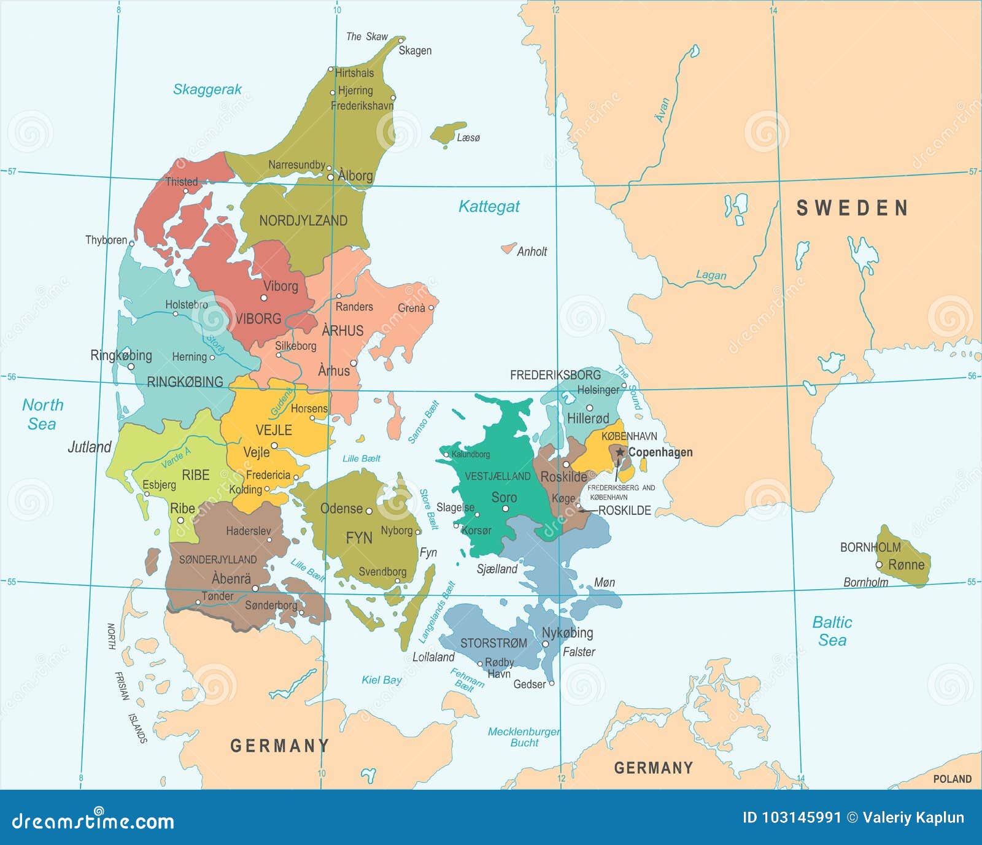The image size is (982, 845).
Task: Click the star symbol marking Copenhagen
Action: (620, 452)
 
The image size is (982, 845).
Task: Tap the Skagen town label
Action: (415, 50)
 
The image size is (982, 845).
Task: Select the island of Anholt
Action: (508, 248)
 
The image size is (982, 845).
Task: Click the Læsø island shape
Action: (447, 134)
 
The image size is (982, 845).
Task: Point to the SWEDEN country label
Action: (852, 209)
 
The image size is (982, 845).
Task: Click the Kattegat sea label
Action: (489, 207)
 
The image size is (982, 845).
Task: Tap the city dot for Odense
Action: (369, 511)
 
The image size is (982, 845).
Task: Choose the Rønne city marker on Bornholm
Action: (879, 565)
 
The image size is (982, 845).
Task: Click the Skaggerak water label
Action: (207, 90)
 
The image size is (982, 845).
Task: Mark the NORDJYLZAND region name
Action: (303, 221)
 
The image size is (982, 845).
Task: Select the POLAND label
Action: (952, 779)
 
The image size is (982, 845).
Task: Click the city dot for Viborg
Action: (264, 298)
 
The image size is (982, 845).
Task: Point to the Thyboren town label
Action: (106, 240)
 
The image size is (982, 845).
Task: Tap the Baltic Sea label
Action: (832, 631)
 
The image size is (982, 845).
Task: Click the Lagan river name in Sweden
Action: (711, 276)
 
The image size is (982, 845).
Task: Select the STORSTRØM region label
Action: (493, 643)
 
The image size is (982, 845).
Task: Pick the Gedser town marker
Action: (551, 683)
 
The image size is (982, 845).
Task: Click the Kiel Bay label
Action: (381, 680)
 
